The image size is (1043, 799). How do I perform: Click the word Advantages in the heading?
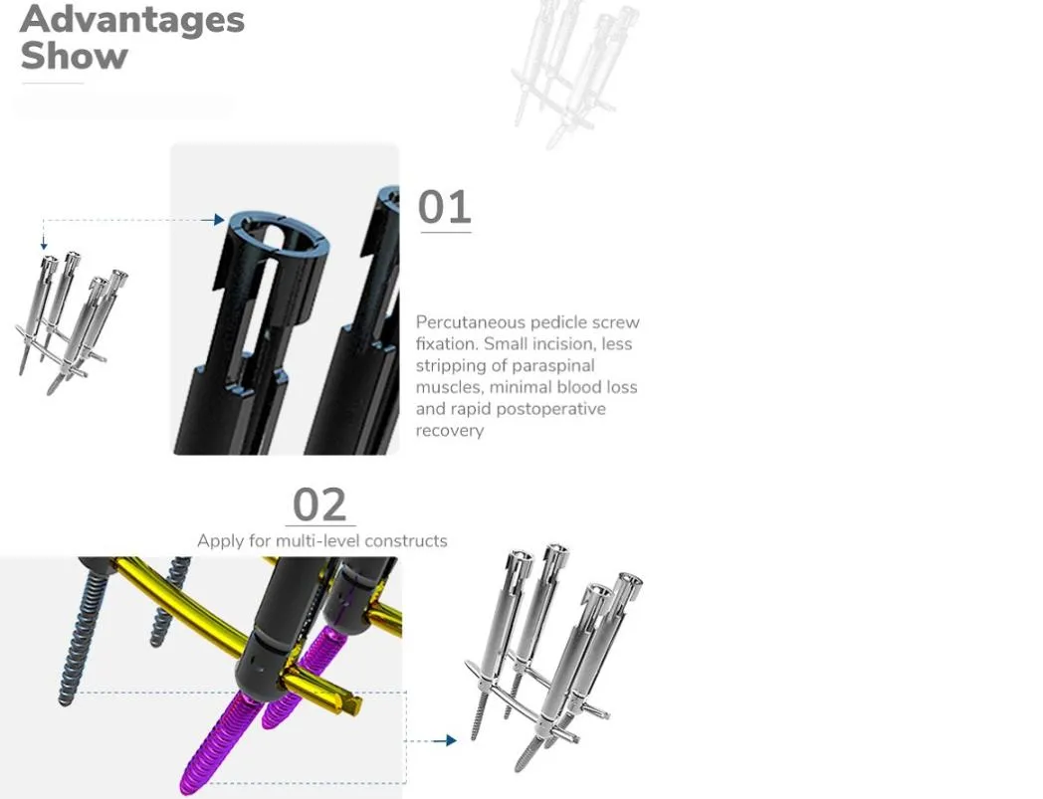click(x=132, y=19)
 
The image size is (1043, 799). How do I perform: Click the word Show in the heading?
click(x=74, y=56)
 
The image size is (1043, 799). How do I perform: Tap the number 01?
click(x=444, y=207)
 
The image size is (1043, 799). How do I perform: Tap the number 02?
click(x=319, y=504)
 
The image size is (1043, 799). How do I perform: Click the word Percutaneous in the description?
click(x=471, y=322)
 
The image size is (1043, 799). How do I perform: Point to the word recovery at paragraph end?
click(x=450, y=431)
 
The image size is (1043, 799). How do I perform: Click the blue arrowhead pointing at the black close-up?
click(x=219, y=220)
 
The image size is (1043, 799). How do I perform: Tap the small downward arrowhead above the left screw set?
click(x=44, y=245)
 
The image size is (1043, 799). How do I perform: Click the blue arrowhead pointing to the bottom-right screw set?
click(x=450, y=740)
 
